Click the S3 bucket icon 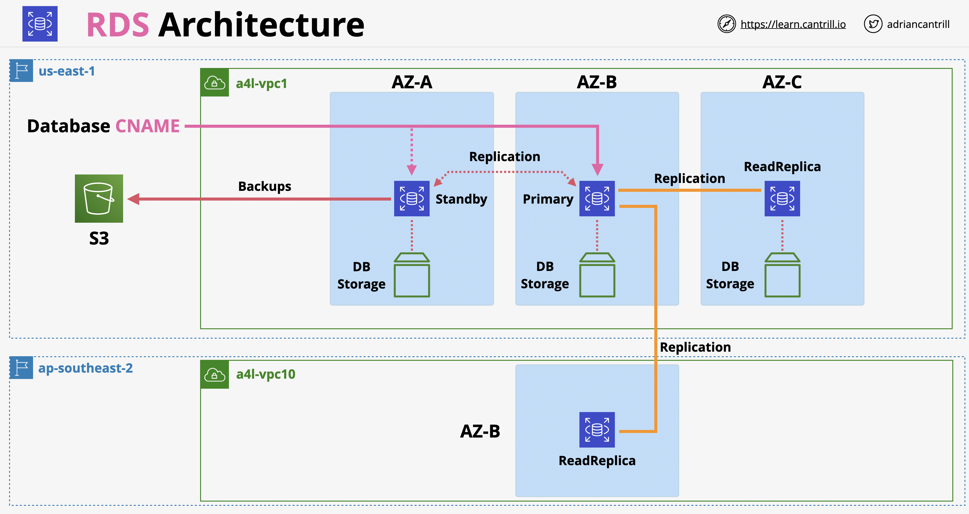click(99, 198)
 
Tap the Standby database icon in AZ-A click(411, 198)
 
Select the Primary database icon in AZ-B click(597, 198)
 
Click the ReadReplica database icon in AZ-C click(782, 198)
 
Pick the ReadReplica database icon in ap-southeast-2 click(597, 430)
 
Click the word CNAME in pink click(147, 126)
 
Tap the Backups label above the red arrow click(264, 186)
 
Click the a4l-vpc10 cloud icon click(214, 375)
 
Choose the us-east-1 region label click(67, 71)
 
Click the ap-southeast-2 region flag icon click(22, 367)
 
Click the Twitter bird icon click(873, 24)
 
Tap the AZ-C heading click(782, 82)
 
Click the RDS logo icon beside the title click(40, 24)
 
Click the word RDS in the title click(118, 25)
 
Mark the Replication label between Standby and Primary click(505, 157)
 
